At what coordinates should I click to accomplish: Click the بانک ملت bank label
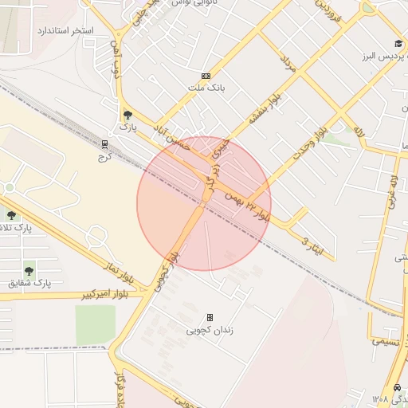(206, 88)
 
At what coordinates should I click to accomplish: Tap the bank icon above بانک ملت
(206, 76)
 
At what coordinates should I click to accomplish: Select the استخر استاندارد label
(65, 30)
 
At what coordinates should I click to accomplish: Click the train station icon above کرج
(104, 144)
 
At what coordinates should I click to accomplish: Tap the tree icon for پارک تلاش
(10, 214)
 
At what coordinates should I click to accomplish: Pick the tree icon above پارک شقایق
(29, 270)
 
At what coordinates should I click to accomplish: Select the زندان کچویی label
(210, 329)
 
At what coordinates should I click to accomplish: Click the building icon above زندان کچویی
(210, 317)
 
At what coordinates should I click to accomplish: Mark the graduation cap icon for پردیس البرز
(398, 44)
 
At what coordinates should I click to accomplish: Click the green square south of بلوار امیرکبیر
(96, 325)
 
